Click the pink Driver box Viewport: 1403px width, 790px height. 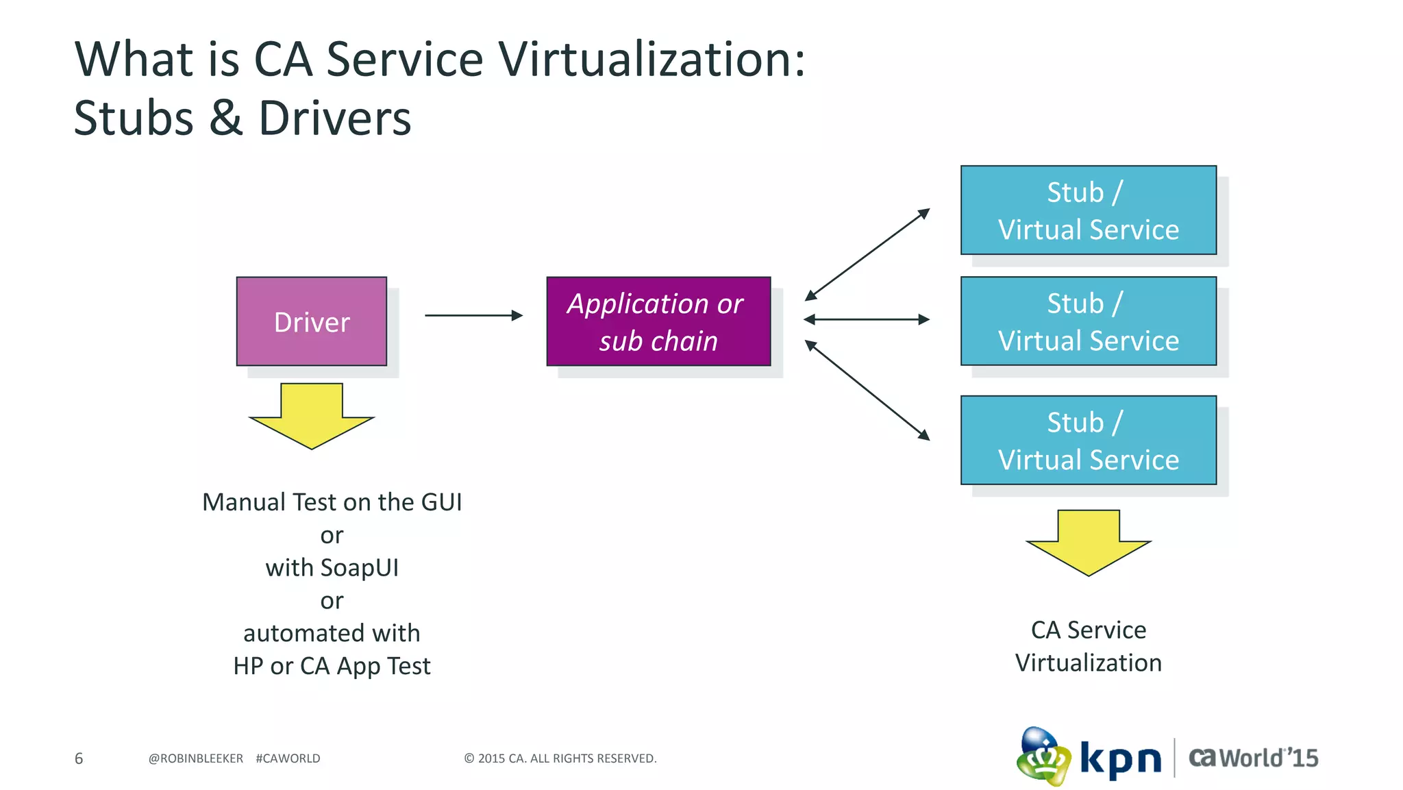tap(312, 321)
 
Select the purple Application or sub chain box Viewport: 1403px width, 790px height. tap(658, 321)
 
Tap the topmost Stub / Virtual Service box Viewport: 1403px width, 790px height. tap(1089, 210)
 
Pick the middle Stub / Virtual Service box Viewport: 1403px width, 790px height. tap(1089, 321)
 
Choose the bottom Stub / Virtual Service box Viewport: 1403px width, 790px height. tap(1089, 440)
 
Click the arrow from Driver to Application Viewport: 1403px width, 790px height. tap(473, 315)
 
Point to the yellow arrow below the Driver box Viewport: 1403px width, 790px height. tap(312, 415)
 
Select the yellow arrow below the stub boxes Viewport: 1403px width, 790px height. tap(1089, 542)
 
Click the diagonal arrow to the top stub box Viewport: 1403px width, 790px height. tap(867, 254)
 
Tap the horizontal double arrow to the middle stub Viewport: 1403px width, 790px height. tap(867, 319)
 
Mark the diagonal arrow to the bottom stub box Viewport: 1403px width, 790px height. tap(867, 390)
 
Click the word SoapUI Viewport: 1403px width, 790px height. tap(359, 568)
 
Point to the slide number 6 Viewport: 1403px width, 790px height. tap(79, 758)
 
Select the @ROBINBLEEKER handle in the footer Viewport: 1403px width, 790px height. tap(196, 758)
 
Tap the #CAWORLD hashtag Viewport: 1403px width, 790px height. tap(288, 758)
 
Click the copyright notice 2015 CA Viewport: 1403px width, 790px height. tap(560, 758)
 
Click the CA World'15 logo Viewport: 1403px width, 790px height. tap(1253, 758)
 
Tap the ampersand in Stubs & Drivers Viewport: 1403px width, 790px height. tap(225, 118)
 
